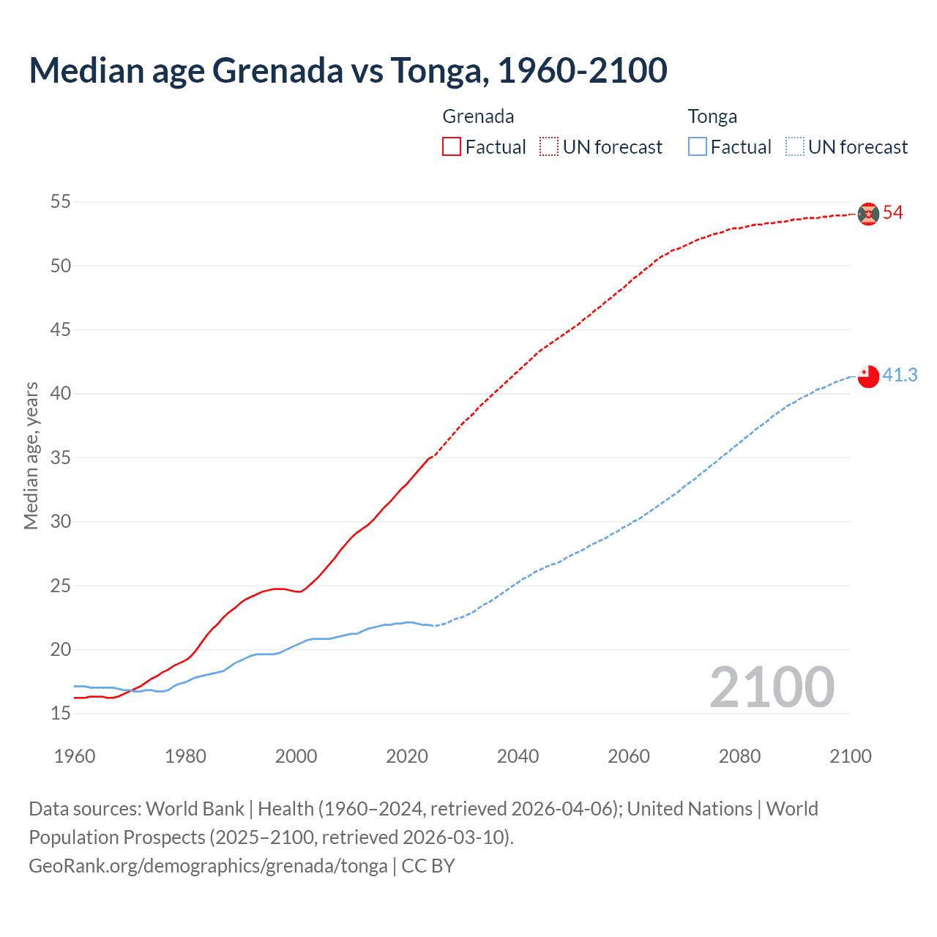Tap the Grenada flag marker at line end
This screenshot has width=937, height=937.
point(868,214)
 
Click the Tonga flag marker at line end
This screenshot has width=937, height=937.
point(868,376)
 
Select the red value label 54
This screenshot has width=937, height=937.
point(893,213)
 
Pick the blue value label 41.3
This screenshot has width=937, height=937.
point(900,375)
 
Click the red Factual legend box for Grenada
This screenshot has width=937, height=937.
point(452,147)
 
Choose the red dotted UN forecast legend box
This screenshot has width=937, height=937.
point(549,147)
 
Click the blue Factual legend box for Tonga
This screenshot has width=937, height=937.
point(697,147)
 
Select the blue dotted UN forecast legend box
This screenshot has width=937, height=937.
point(794,147)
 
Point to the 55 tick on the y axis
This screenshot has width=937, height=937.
point(61,201)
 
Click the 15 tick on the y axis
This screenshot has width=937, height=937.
point(61,713)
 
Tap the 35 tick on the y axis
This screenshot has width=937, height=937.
point(61,458)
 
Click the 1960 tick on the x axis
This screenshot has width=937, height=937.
point(75,756)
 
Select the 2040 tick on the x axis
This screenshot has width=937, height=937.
point(518,756)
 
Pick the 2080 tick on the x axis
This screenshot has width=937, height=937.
point(739,756)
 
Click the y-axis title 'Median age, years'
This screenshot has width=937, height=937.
point(31,455)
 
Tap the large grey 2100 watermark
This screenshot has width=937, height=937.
point(772,687)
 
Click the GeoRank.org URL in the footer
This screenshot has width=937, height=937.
point(208,866)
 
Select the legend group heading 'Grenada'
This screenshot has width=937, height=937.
point(478,116)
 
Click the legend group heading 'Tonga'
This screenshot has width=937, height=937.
point(712,116)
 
